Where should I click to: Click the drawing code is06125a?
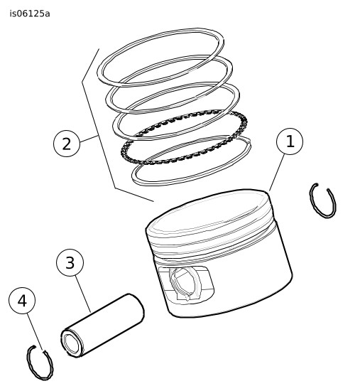[30, 14]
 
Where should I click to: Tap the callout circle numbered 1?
[290, 141]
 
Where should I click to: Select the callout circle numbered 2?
[67, 144]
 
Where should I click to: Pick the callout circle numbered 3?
[70, 262]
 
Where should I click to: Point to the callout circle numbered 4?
[22, 301]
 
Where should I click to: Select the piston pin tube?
[102, 326]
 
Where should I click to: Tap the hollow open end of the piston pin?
[72, 343]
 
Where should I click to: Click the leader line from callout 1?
[277, 172]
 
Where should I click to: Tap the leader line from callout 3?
[82, 294]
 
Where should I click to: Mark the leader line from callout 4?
[35, 333]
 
